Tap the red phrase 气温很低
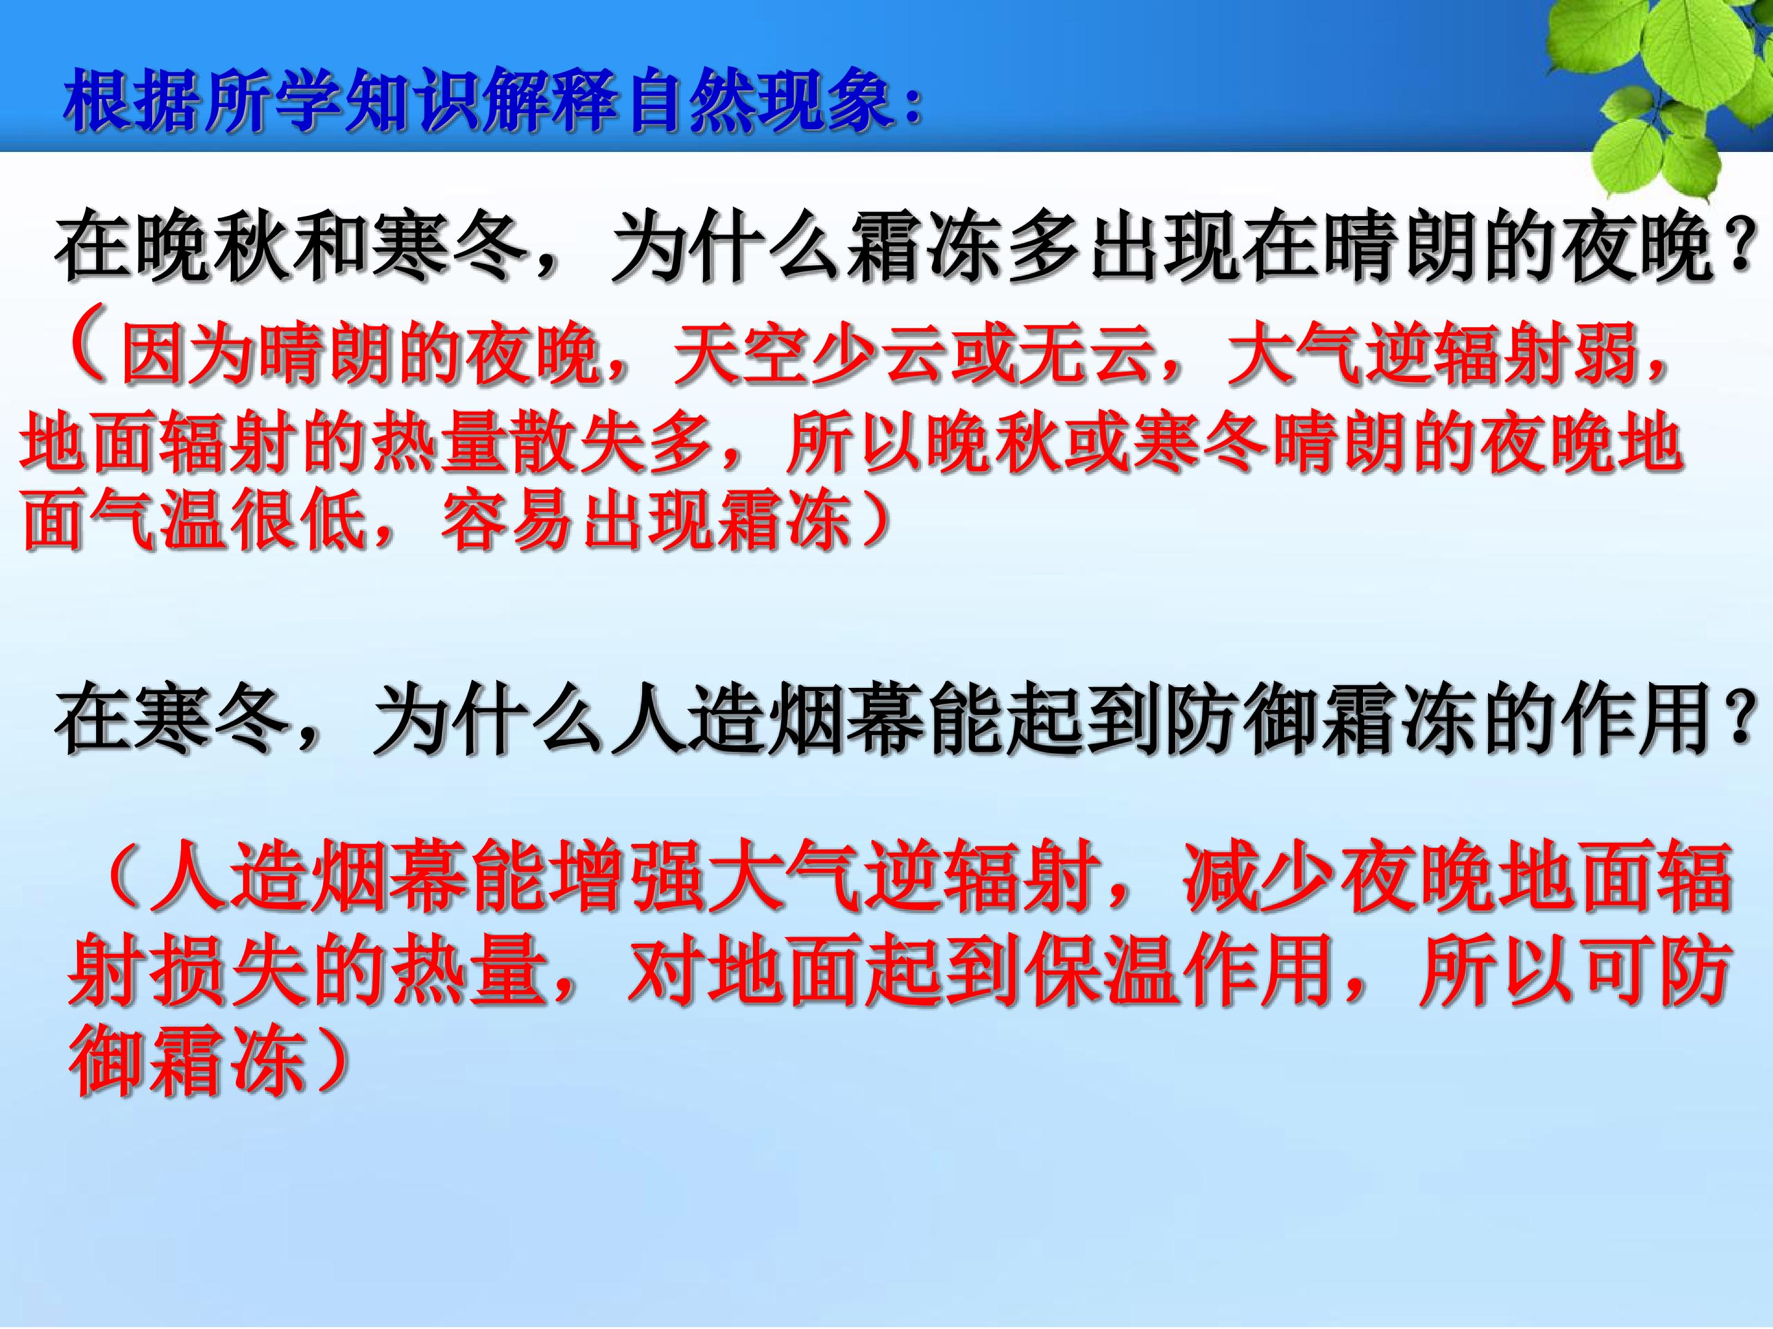point(228,525)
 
